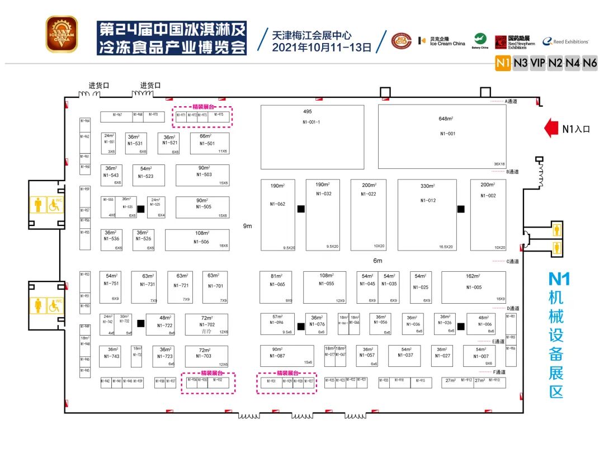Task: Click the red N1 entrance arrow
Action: point(553,128)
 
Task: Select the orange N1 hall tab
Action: point(503,63)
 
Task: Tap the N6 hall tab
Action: point(590,63)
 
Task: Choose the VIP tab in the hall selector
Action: point(537,63)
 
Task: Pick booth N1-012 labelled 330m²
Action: point(427,214)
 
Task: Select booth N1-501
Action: point(206,143)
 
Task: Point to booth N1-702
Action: point(206,324)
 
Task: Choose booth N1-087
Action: point(286,356)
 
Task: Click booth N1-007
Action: point(479,356)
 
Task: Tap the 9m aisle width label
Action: point(247,227)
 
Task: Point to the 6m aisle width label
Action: point(377,261)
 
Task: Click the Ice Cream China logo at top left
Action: point(61,34)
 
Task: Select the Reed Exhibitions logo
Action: point(565,42)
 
